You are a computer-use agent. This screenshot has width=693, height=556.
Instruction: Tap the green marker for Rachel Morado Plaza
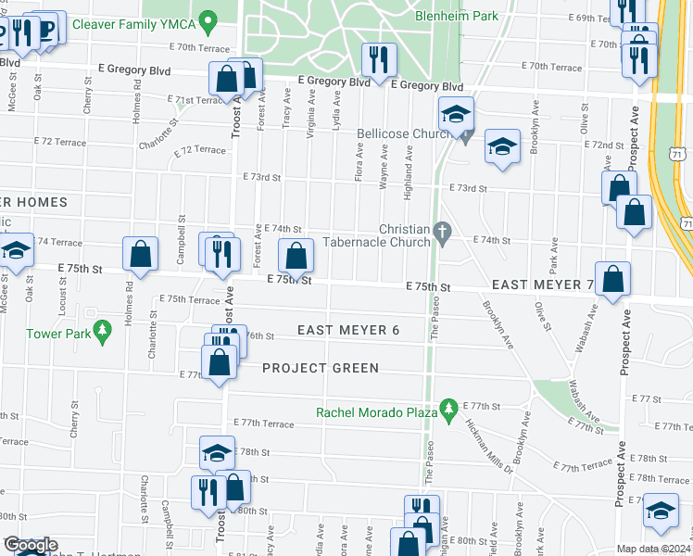click(x=449, y=408)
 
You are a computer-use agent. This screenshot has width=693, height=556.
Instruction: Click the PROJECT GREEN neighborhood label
click(x=320, y=368)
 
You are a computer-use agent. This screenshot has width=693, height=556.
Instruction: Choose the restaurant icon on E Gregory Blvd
click(x=378, y=60)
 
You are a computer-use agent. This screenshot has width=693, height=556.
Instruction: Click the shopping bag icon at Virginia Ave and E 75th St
click(x=296, y=255)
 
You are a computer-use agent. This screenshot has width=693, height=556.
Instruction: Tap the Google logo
click(x=31, y=546)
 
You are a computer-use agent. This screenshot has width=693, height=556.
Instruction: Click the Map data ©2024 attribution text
click(x=653, y=549)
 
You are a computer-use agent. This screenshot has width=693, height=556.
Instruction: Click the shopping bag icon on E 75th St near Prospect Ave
click(x=613, y=277)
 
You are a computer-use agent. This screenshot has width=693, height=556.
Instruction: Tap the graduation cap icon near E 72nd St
click(x=502, y=145)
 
